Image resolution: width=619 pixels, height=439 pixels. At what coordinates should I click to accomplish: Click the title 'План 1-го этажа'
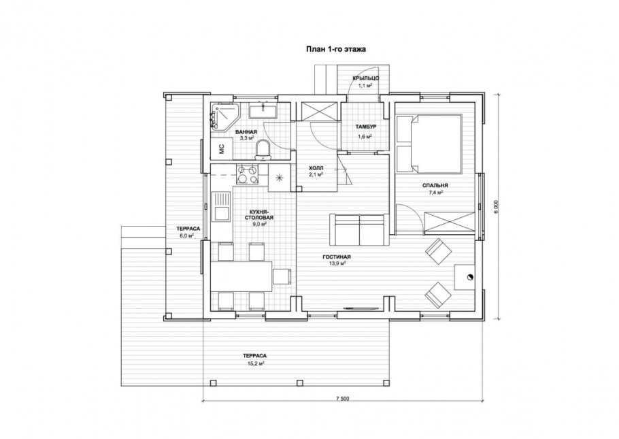click(336, 50)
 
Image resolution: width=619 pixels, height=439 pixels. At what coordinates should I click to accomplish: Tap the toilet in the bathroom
click(263, 150)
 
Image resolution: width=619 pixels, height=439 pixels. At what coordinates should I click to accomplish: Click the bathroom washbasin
click(263, 110)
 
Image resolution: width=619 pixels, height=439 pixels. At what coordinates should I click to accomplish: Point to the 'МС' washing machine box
click(222, 148)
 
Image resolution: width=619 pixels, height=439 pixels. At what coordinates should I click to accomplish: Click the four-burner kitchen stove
click(247, 175)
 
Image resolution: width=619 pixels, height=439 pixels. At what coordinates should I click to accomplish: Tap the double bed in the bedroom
click(429, 144)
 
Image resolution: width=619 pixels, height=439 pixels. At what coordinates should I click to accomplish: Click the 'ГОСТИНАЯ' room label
click(337, 257)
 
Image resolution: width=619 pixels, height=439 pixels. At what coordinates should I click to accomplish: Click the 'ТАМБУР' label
click(365, 127)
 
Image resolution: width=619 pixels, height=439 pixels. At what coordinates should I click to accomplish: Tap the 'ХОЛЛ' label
click(316, 168)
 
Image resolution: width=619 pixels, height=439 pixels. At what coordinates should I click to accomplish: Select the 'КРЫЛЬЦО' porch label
click(366, 78)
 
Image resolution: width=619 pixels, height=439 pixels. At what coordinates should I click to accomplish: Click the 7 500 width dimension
click(343, 398)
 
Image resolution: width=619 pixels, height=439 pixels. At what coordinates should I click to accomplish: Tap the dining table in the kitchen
click(241, 276)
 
